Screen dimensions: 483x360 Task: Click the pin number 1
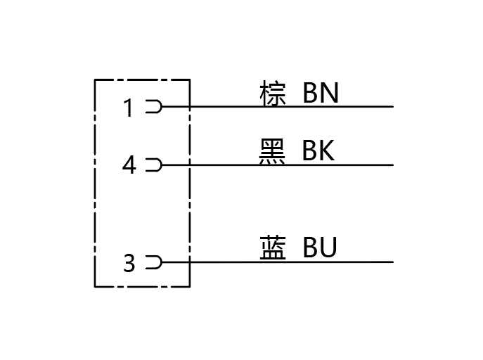click(x=128, y=108)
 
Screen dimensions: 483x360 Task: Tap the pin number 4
click(x=129, y=165)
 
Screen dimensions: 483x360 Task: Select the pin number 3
click(x=129, y=263)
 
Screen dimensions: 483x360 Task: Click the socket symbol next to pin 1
click(x=154, y=107)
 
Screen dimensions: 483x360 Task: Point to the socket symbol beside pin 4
click(x=154, y=165)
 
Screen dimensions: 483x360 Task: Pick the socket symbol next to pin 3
click(x=154, y=262)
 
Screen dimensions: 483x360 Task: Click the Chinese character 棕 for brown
click(x=273, y=93)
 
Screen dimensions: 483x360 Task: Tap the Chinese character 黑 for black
click(x=272, y=151)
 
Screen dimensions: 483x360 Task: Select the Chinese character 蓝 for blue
click(x=273, y=247)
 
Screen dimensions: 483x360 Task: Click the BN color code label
click(x=321, y=93)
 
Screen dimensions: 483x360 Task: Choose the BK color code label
click(x=318, y=150)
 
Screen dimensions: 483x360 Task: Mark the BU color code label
click(x=320, y=247)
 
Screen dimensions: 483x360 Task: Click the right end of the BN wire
click(x=393, y=107)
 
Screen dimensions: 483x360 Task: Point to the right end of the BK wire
click(x=393, y=165)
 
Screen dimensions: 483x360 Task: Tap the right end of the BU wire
click(x=393, y=262)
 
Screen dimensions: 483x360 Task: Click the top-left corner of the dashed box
click(x=95, y=79)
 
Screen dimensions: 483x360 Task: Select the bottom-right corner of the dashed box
click(x=190, y=287)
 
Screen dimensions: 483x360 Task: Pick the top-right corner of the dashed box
click(x=190, y=79)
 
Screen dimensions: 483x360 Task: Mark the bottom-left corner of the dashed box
click(x=95, y=287)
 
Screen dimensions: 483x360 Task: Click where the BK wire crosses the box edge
click(x=190, y=165)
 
